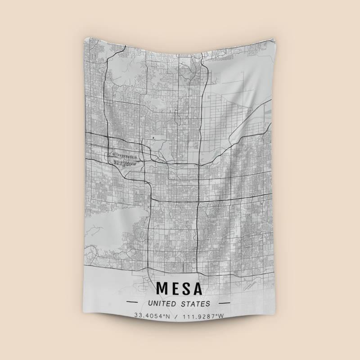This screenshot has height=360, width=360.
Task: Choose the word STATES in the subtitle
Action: tap(195, 304)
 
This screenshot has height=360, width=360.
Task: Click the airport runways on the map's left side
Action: tap(124, 158)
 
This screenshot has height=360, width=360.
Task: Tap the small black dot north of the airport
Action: tap(153, 137)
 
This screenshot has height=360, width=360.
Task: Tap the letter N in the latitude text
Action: tap(167, 316)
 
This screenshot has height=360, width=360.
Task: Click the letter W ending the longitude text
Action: tap(220, 316)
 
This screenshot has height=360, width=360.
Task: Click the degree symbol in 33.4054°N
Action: tap(163, 315)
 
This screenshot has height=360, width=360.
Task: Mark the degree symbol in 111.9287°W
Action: tap(216, 315)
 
